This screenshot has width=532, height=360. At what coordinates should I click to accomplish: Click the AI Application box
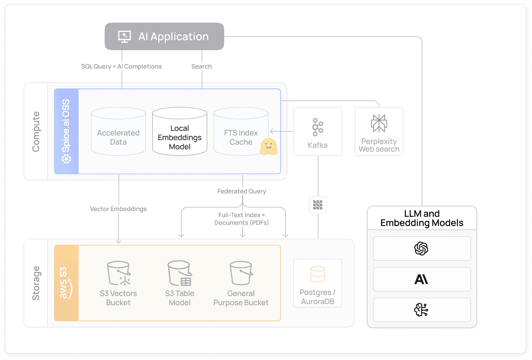point(164,36)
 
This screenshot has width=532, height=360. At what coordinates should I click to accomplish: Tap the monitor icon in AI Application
point(125,36)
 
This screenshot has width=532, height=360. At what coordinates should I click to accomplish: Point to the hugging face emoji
point(268,147)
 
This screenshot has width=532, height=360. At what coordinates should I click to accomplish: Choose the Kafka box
point(318,131)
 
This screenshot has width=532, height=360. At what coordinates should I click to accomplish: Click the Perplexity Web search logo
point(379,123)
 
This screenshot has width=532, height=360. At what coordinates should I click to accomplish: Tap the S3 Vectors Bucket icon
point(118,273)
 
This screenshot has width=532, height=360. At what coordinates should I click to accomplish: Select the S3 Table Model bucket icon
point(180,273)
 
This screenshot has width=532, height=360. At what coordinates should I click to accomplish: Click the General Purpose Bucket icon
point(241,273)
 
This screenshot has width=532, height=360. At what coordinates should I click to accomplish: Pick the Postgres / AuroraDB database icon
point(318,274)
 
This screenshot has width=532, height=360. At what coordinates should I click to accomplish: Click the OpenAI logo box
point(422,249)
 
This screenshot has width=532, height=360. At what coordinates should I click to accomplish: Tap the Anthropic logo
point(422,279)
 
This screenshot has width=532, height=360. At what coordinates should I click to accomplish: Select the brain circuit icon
point(422,310)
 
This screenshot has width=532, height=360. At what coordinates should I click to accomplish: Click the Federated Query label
point(241,191)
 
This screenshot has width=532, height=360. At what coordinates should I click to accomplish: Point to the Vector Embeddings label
point(118,209)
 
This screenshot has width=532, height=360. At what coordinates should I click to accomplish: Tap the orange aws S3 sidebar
point(66,283)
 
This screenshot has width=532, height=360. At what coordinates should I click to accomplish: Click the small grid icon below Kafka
point(318,205)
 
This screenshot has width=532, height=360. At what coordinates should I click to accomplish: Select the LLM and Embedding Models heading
point(422,218)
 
